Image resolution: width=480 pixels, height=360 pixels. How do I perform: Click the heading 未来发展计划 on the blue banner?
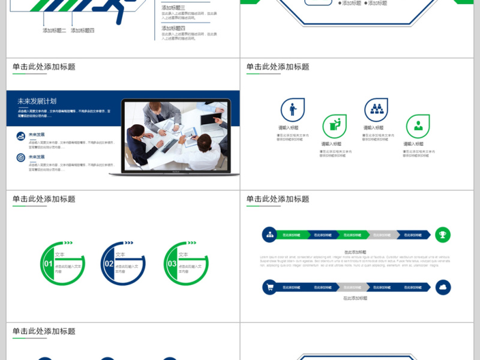(x=37, y=101)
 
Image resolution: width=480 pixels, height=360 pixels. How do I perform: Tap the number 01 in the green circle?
(x=49, y=263)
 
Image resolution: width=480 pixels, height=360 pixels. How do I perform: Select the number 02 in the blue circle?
(x=109, y=263)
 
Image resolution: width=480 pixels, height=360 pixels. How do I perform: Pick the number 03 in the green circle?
(x=172, y=263)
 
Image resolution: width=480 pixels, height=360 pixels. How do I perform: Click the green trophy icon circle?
(x=443, y=235)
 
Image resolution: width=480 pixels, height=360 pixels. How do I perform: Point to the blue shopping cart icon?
(x=270, y=287)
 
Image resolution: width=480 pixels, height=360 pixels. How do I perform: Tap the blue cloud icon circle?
(x=443, y=287)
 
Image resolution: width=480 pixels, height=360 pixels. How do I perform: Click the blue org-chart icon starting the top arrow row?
(x=270, y=235)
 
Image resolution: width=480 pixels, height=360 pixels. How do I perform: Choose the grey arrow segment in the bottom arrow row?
(x=351, y=287)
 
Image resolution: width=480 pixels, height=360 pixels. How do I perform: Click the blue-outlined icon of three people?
(x=376, y=110)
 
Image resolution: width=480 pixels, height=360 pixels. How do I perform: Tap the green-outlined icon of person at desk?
(x=334, y=126)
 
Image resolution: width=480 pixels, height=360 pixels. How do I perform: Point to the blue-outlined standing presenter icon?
(x=293, y=110)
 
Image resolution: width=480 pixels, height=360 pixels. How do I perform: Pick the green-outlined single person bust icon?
(x=418, y=126)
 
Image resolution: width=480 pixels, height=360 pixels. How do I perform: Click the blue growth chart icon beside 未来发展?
(x=21, y=137)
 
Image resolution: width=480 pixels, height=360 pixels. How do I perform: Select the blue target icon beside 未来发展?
(x=21, y=158)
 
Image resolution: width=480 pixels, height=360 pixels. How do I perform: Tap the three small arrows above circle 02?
(x=128, y=243)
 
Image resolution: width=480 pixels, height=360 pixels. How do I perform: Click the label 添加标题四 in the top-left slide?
(x=82, y=30)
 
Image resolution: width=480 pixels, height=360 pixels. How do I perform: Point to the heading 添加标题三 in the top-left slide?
(x=173, y=8)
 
